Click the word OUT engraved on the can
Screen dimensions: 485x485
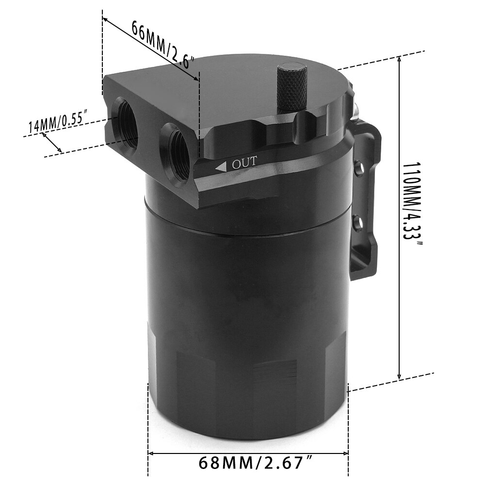click(244, 164)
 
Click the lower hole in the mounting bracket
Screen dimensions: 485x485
click(357, 223)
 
